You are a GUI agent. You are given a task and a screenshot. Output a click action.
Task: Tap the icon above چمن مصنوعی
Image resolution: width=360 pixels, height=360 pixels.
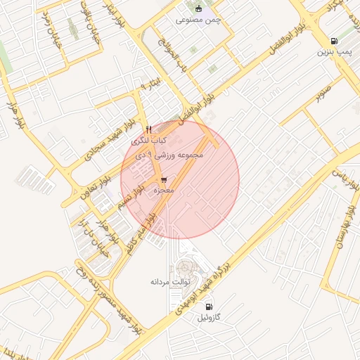[198, 9]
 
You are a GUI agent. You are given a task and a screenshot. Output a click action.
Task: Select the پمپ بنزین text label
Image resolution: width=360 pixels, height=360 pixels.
[332, 52]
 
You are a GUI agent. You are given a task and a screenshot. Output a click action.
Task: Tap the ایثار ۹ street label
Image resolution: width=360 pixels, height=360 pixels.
[152, 85]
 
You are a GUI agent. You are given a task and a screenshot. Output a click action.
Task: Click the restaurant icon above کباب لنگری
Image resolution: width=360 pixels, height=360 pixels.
[148, 129]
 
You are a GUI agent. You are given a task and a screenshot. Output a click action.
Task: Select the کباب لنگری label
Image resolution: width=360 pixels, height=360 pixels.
[148, 141]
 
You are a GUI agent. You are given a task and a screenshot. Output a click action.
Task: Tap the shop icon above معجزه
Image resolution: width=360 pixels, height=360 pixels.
[163, 180]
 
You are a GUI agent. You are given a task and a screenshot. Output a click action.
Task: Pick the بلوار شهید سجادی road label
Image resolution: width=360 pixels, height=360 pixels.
[108, 137]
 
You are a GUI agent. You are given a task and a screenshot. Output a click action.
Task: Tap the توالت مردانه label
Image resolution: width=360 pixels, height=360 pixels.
[167, 281]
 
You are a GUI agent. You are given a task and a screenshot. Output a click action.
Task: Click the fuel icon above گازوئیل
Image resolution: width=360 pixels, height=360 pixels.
[209, 307]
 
